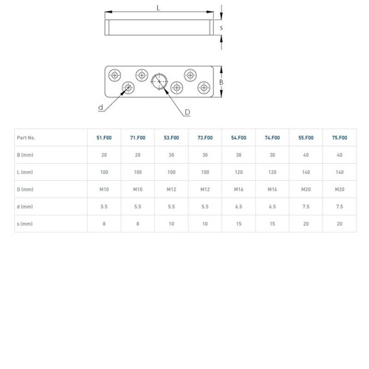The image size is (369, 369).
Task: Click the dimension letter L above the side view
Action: pos(158,8)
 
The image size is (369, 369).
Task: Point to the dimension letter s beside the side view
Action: pos(221,27)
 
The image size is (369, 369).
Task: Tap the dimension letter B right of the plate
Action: pos(221,82)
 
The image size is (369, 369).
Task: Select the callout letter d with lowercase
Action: pos(100,107)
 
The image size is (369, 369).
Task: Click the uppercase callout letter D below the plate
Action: pos(187,112)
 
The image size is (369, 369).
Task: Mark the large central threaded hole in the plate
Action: pos(159,81)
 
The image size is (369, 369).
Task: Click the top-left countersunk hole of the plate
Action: pos(114,75)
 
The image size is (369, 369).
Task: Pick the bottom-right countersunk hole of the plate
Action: pos(204,88)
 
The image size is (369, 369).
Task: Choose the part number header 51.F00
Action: pos(104,138)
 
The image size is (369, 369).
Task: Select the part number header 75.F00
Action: pos(339,138)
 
